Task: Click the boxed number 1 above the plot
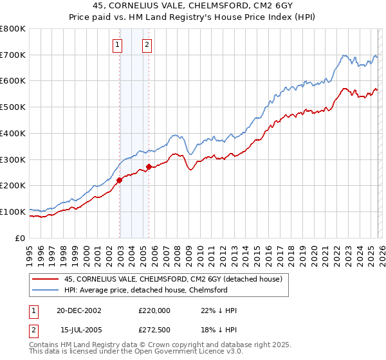coord(118,44)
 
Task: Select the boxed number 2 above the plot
coord(147,44)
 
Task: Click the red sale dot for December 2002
coord(120,181)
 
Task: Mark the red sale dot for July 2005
coord(149,167)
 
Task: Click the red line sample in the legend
coord(45,279)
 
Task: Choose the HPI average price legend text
coord(145,290)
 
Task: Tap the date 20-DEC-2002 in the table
coord(79,310)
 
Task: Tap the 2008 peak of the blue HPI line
coord(174,135)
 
